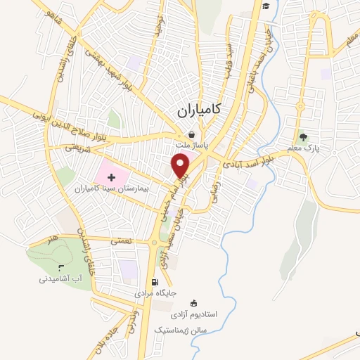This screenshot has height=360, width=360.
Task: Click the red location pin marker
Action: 181,165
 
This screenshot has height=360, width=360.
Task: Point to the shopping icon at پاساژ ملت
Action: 191,136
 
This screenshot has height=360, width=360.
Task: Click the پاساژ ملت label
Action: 190,146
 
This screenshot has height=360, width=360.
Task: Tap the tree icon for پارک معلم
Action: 303,137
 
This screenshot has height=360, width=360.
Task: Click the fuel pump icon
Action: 155,282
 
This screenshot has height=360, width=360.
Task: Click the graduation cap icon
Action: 267,6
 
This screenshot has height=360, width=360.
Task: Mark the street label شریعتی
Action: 79,147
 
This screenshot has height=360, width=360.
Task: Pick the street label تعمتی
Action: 121,240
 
